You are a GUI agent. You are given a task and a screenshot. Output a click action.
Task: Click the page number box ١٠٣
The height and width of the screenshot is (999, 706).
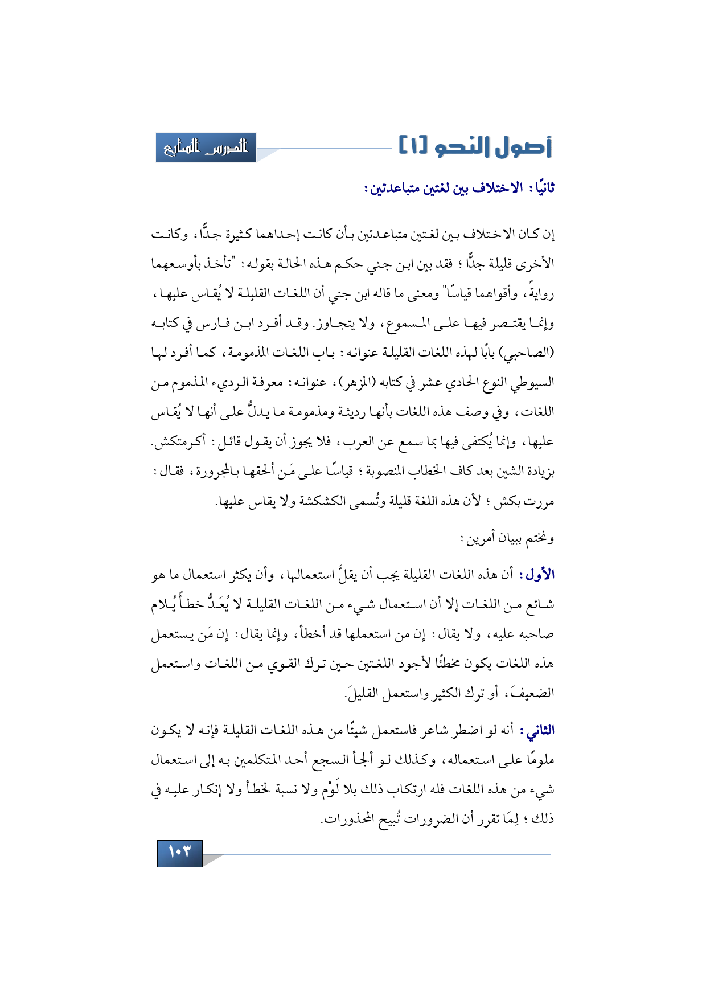pos(179,853)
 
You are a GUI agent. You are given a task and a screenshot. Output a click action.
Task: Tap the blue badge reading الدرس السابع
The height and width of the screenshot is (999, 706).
pos(206,148)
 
